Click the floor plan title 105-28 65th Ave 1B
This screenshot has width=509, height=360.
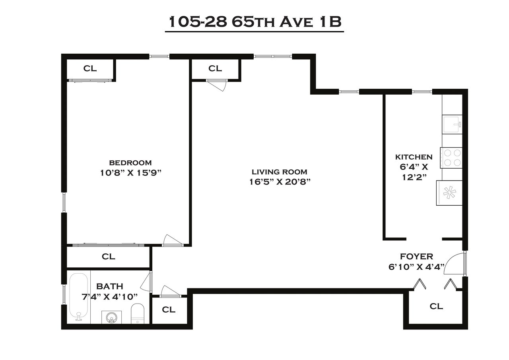[x=254, y=22]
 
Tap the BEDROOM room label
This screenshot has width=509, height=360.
[x=130, y=163]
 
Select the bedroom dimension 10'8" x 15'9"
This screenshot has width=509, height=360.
[x=130, y=173]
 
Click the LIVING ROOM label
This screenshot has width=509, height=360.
[x=279, y=172]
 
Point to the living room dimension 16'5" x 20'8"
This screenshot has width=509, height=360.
[x=279, y=182]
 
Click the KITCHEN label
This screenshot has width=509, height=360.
[x=414, y=157]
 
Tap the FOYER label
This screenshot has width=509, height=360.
[x=416, y=257]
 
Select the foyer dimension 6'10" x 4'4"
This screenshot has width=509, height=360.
[x=416, y=267]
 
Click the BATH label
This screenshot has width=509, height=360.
[x=110, y=286]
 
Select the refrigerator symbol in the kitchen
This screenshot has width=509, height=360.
[x=449, y=193]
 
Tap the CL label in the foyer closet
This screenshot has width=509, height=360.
[x=436, y=306]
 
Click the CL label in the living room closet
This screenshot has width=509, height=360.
[x=215, y=68]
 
